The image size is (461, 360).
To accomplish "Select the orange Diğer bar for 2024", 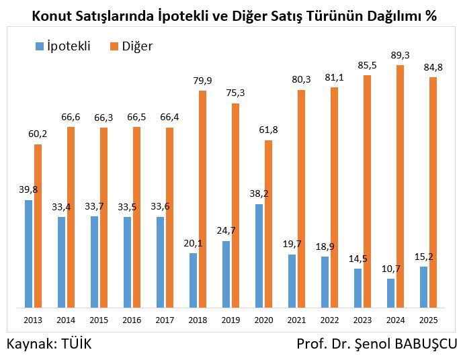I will (x=401, y=186).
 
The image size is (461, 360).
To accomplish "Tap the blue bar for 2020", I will (x=259, y=256).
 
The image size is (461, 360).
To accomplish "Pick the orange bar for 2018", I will (x=202, y=199).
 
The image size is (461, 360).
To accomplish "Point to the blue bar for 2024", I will (x=391, y=293).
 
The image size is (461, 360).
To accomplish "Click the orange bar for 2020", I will (x=268, y=224).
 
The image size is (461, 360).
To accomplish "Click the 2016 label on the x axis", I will (x=132, y=319).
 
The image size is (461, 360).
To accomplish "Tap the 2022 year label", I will (x=329, y=319).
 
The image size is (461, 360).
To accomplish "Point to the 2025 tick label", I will (x=428, y=319).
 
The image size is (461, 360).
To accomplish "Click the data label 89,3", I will (x=401, y=54).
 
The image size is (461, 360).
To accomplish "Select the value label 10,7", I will (x=390, y=268).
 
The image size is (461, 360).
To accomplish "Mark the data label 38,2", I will (x=258, y=193).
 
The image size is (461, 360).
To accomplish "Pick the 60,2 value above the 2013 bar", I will (x=38, y=134).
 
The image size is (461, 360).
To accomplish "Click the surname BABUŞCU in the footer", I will (x=422, y=344).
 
